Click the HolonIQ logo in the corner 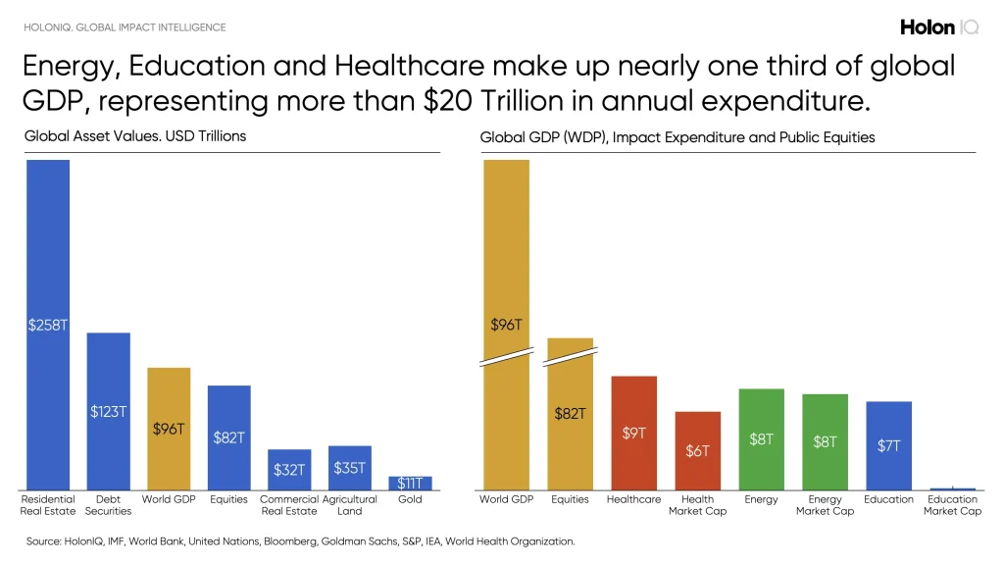[x=939, y=27]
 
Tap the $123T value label [x=108, y=412]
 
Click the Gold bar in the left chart [x=410, y=483]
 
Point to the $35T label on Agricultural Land [x=349, y=468]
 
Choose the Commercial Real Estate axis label [x=289, y=505]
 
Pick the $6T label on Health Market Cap [x=697, y=451]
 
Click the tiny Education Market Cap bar [x=952, y=488]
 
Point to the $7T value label [x=888, y=445]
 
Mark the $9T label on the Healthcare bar [x=633, y=433]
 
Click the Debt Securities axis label [x=108, y=505]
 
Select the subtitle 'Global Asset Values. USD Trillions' [x=135, y=136]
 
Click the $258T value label [x=48, y=325]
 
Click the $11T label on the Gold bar [x=410, y=484]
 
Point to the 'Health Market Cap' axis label [x=697, y=505]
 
